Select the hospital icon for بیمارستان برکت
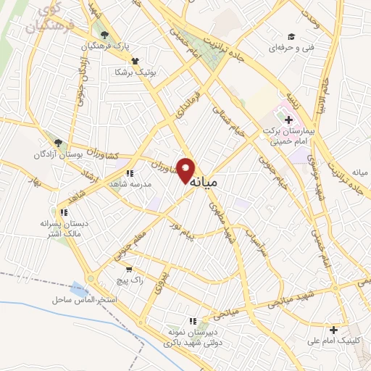[288, 120]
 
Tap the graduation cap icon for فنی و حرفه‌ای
[291, 36]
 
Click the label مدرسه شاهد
[130, 185]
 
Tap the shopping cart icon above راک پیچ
[129, 268]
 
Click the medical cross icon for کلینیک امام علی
[333, 330]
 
